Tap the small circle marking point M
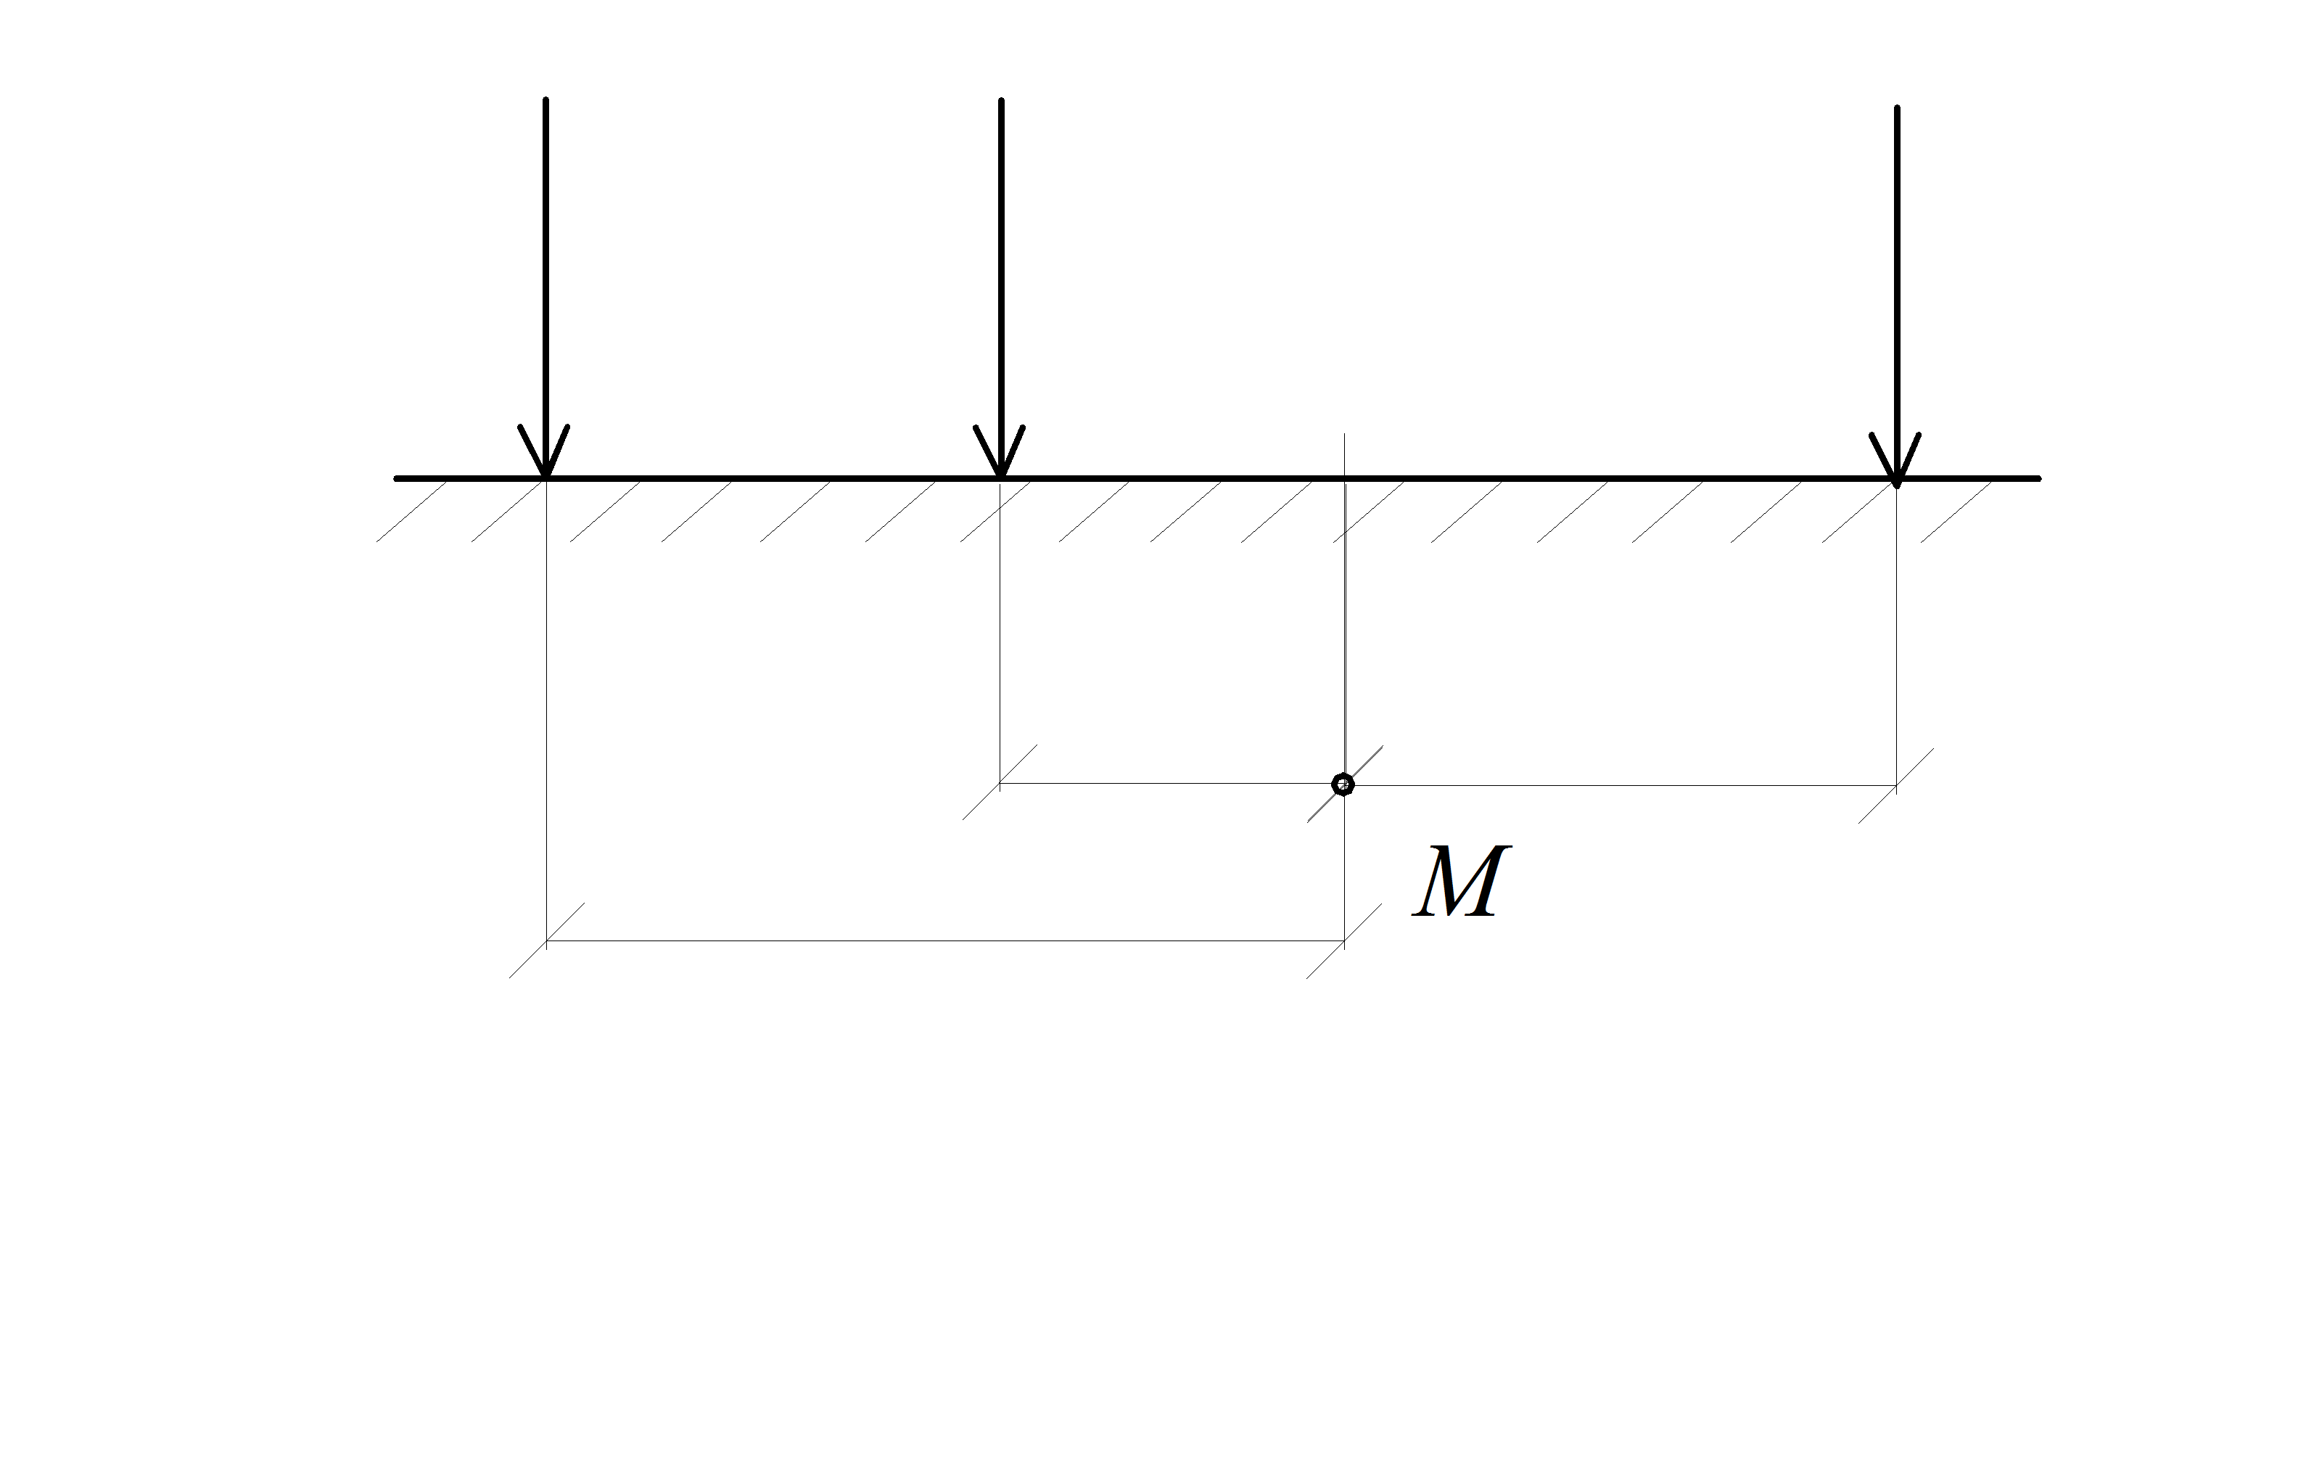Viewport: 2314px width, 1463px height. pos(1343,784)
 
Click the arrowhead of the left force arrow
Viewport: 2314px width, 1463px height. pos(545,452)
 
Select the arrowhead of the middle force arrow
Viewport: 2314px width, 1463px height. pos(1000,452)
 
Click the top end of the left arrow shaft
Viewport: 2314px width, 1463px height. pos(545,100)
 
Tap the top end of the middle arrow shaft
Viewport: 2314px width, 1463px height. pos(1001,100)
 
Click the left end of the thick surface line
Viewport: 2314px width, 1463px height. pos(397,478)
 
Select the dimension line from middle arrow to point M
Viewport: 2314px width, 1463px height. pos(1172,784)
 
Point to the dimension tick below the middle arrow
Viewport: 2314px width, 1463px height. pos(1000,782)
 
